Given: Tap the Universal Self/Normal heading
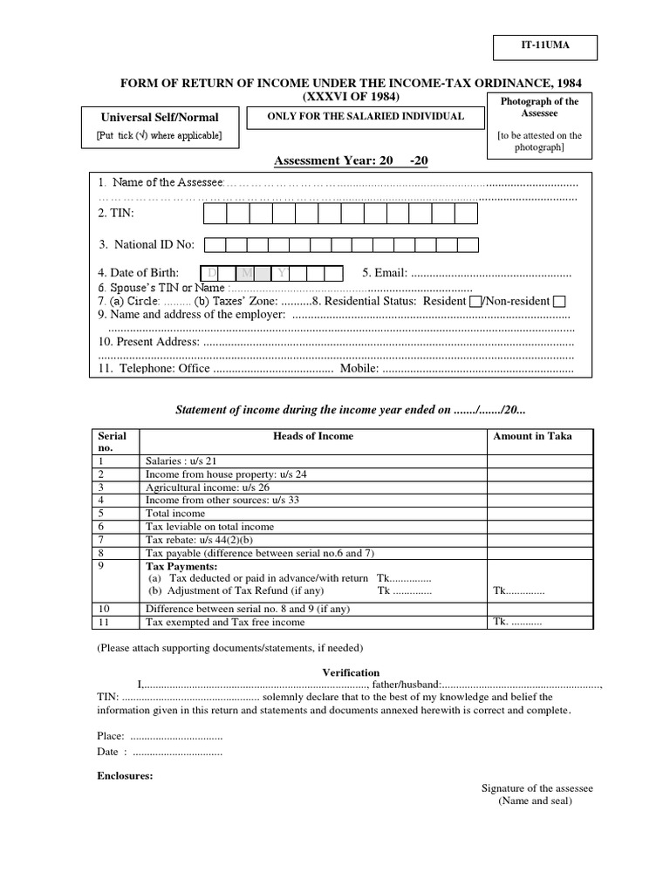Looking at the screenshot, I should coord(160,117).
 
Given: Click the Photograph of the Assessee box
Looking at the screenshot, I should coord(539,125).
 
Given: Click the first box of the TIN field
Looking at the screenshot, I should coord(215,214).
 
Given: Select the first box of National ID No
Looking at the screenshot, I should coord(215,245).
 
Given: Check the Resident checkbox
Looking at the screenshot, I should coord(475,302).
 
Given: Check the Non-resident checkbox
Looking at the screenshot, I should coord(559,302).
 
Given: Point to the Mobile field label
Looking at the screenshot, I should coord(359,369).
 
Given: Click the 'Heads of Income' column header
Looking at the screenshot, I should coord(313,436).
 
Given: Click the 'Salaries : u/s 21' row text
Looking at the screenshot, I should coord(181,460).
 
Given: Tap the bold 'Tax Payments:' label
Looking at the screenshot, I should coord(179,565).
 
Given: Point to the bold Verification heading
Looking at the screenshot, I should coord(351,672).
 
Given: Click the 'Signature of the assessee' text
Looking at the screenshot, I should coord(537,788).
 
